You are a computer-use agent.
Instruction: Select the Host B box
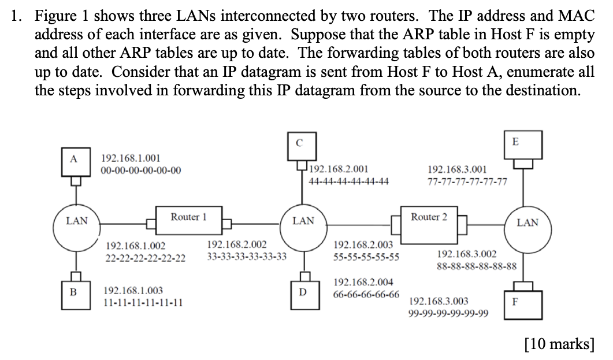point(73,291)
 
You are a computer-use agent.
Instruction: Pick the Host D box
point(302,292)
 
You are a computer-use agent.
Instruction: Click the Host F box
point(515,302)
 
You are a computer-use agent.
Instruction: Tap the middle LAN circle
point(303,220)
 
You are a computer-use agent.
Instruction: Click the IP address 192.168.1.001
point(131,158)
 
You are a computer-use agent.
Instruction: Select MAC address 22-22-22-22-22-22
point(145,258)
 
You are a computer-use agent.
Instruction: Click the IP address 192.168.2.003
point(363,245)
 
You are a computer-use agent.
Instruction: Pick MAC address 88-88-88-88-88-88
point(476,267)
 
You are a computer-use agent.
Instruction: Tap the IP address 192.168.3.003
point(439,301)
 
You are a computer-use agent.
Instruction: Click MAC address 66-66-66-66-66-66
point(366,294)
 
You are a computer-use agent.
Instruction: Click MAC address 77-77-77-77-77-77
point(467,181)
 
